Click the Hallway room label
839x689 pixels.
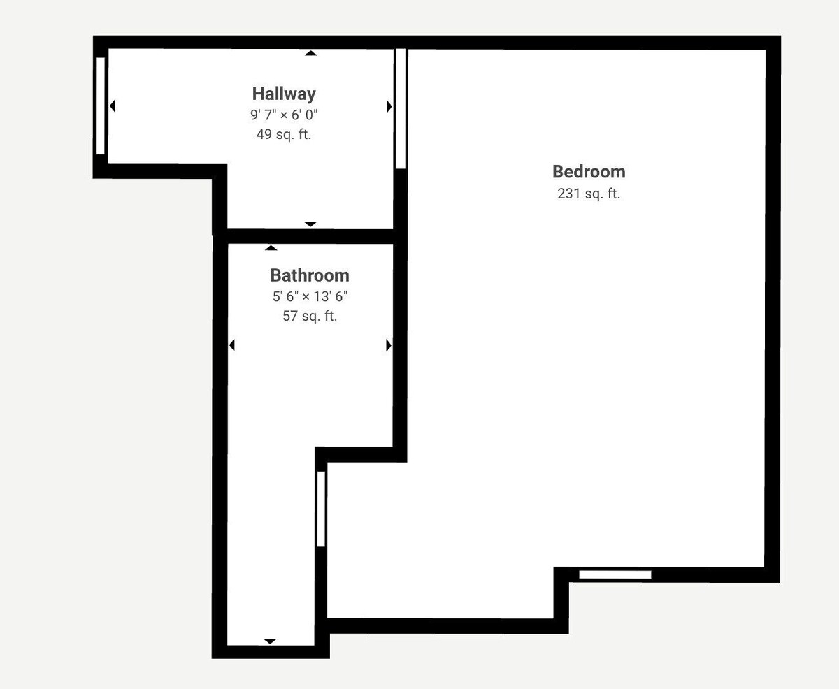click(284, 94)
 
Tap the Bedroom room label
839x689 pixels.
click(589, 172)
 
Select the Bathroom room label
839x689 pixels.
click(310, 275)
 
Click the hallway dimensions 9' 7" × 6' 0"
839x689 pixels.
click(284, 115)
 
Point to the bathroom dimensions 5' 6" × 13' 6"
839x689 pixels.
click(310, 296)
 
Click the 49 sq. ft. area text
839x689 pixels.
click(284, 134)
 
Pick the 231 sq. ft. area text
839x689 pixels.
click(589, 194)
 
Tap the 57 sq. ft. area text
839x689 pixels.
click(310, 316)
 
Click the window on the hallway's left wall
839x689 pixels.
click(101, 106)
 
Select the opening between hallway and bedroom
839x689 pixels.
click(401, 108)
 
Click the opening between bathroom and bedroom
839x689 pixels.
click(321, 509)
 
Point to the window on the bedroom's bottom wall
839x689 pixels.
click(615, 574)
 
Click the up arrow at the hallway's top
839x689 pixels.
click(310, 53)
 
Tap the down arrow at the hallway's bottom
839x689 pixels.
click(310, 224)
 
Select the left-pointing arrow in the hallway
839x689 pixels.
click(113, 106)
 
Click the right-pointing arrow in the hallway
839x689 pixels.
click(389, 106)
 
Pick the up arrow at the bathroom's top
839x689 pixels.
click(271, 248)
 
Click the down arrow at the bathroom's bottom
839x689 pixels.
click(270, 641)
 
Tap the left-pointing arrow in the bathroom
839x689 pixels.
click(232, 345)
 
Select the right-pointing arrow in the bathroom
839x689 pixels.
click(389, 345)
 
